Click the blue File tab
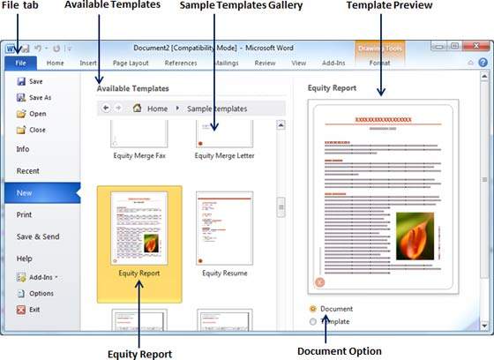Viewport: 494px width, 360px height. tap(19, 64)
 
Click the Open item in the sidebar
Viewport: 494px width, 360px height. tap(37, 113)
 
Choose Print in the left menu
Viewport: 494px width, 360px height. tap(25, 214)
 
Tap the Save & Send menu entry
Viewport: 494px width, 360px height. tap(37, 236)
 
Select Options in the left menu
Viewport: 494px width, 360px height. tap(41, 293)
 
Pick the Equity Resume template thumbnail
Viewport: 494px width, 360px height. tap(224, 228)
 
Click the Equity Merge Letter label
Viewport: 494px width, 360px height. tap(224, 155)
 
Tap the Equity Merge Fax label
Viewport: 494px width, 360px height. tap(139, 155)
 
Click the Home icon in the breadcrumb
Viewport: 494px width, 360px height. tap(138, 109)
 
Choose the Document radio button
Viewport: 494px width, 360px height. tap(314, 309)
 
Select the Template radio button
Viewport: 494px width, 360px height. tap(314, 322)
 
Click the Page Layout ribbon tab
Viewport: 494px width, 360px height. tap(131, 64)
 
